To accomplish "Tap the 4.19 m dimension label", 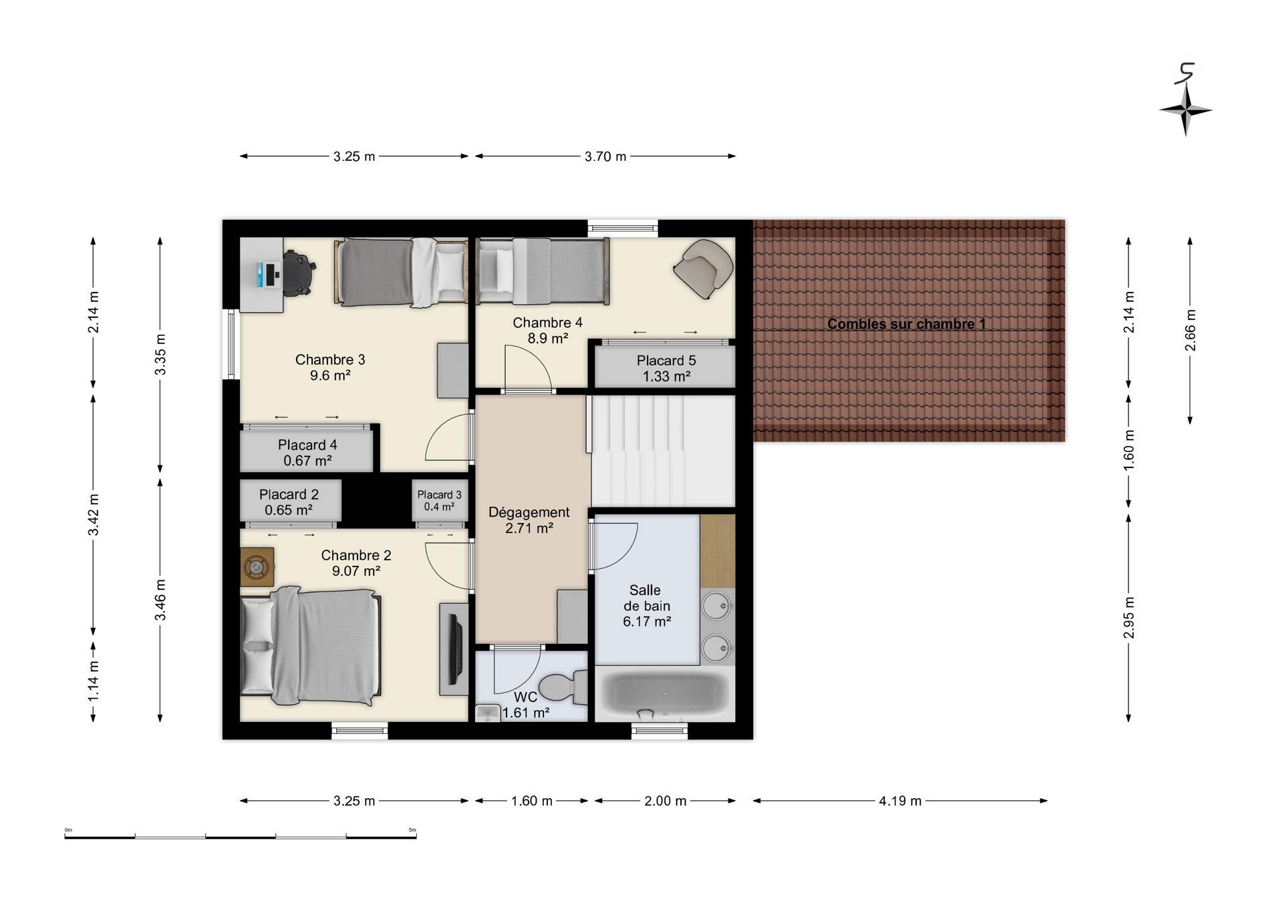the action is click(900, 801).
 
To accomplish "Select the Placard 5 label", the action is click(666, 361).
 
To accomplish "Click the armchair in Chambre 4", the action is click(704, 268).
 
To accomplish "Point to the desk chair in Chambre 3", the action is click(298, 273).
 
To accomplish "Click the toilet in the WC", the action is click(563, 687).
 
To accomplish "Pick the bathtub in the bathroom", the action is click(664, 695).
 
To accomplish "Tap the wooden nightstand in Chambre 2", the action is click(257, 568).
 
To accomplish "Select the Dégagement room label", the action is click(529, 512).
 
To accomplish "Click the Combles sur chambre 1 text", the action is click(906, 324).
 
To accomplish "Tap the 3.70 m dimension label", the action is click(605, 156).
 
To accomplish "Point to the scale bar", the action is click(241, 836).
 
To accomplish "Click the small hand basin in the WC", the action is click(488, 713).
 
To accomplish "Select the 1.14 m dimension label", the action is click(94, 681).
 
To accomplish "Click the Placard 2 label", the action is click(289, 495).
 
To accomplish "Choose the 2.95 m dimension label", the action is click(1129, 617).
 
